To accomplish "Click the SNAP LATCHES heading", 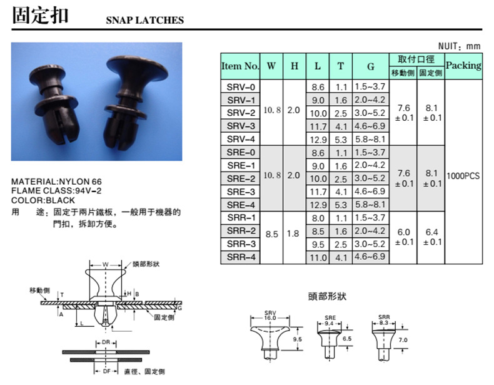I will pos(144,20).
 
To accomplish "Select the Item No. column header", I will pos(240,66).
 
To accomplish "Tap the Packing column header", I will pos(463,65).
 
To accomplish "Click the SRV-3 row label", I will pos(241,126).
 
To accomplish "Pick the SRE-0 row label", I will pos(241,152).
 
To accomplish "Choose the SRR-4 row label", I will pos(241,257).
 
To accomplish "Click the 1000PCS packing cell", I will pos(463,176).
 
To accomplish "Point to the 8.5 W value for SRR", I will pos(272,235).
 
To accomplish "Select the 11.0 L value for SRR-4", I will pos(319,257).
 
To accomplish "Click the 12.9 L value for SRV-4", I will pos(319,139).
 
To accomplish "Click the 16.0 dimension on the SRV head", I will pos(270,318).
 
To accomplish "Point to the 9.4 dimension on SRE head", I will pos(331,323).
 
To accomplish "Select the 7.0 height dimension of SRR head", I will pos(403,339).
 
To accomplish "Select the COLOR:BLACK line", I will pos(43,200).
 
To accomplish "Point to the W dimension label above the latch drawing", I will pos(105,264).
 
